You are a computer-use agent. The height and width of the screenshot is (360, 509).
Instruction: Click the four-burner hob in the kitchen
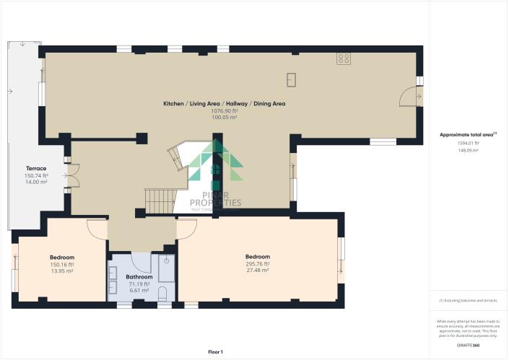point(344,59)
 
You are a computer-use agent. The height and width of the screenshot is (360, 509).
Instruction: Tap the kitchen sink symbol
point(292,78)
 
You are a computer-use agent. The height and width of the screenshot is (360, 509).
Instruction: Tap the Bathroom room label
point(139,276)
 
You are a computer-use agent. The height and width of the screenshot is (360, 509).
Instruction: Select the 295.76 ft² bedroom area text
point(258,264)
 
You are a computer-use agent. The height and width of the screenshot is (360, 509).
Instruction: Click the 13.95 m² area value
point(62,272)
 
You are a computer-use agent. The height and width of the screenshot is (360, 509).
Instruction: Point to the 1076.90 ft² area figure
point(224,111)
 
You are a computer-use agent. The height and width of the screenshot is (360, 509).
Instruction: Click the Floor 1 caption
point(215,351)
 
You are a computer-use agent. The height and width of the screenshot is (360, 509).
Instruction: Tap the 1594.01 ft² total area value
point(468,143)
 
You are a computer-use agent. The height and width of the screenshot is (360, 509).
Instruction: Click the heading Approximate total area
point(468,135)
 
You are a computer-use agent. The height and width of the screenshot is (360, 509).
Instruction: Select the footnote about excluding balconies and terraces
point(468,299)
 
